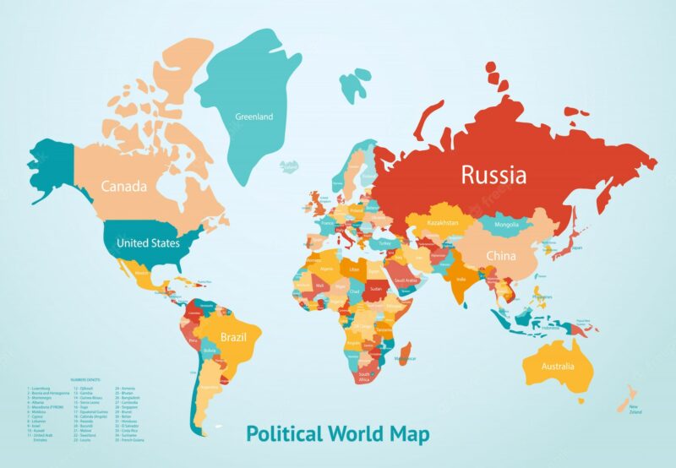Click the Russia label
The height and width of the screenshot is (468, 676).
coord(493,175)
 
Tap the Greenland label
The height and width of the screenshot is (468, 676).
coord(253,117)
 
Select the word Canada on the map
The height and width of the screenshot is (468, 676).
coord(124,186)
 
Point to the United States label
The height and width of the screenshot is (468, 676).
coord(148,243)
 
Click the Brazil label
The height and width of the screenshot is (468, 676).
coord(233,337)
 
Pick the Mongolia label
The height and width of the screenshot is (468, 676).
coord(505,225)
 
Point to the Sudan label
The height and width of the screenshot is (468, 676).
coord(376,287)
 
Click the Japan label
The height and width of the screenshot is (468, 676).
coord(576,248)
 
